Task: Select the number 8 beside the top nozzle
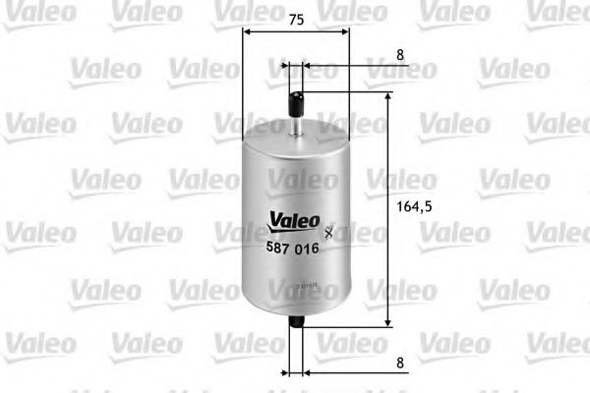400,56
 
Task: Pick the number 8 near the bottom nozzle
400,363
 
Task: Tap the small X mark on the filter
328,232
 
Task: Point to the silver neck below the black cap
295,125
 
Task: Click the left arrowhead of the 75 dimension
246,31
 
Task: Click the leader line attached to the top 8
344,68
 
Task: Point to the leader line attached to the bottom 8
344,373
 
